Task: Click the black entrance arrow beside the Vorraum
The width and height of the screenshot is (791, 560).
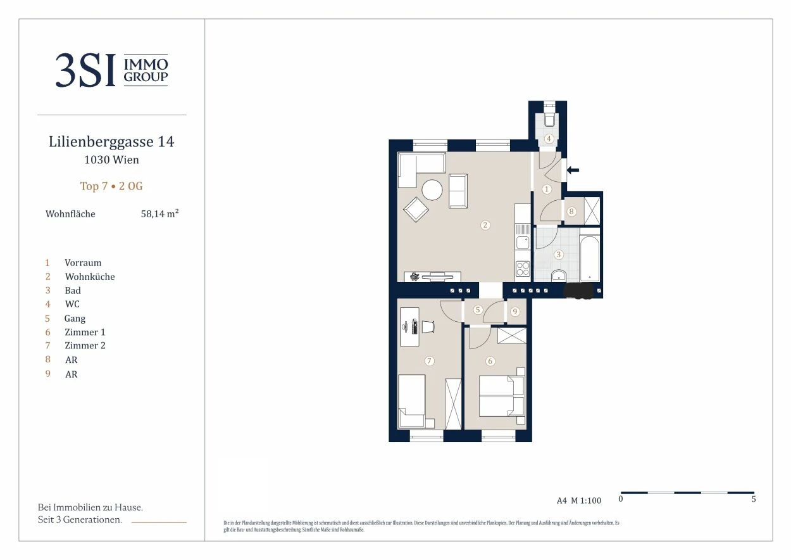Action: (x=573, y=170)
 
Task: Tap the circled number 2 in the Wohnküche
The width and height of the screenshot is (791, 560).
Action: (x=485, y=225)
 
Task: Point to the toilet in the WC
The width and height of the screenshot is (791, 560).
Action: (x=549, y=120)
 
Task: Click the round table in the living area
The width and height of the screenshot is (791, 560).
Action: (x=432, y=190)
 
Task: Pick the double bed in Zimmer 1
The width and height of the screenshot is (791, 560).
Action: (x=501, y=396)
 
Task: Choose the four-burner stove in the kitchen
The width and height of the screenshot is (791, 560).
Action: (x=523, y=269)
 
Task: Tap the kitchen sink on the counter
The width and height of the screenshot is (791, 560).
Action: (x=523, y=243)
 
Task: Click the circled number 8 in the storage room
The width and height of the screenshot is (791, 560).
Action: (x=571, y=212)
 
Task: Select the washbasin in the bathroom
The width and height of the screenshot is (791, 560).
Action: (x=559, y=276)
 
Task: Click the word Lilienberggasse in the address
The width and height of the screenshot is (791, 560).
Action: (x=101, y=142)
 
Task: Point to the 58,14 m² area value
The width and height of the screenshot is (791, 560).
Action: (x=159, y=213)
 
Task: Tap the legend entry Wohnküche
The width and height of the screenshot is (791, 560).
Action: (x=90, y=276)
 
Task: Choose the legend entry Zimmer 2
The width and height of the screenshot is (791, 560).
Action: (x=85, y=345)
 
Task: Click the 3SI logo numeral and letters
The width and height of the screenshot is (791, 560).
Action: (x=85, y=70)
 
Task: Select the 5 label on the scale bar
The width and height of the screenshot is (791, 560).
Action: (x=754, y=499)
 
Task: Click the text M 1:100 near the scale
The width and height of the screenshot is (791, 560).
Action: (x=586, y=500)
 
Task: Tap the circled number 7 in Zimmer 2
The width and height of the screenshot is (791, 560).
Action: (x=429, y=361)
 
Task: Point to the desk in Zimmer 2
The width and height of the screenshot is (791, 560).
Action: (x=409, y=327)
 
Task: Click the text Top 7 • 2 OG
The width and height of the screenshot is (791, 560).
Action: (x=111, y=186)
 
